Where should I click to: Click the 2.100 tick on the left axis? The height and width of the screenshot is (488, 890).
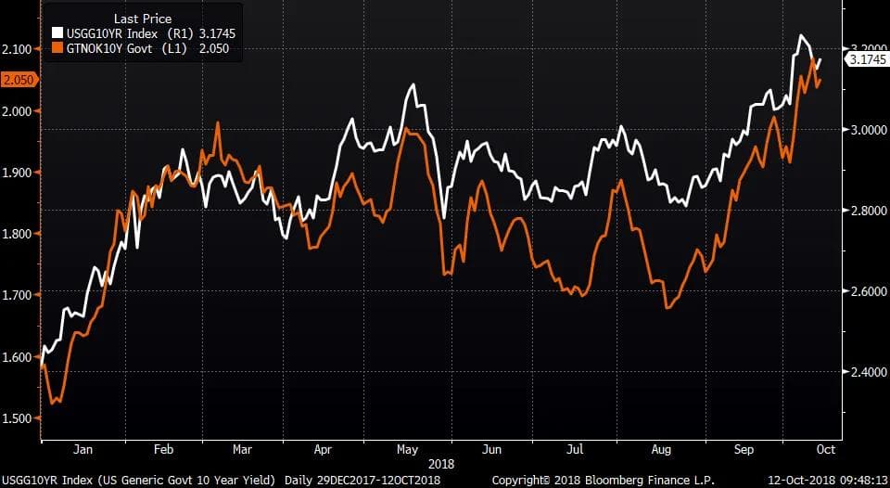(18, 48)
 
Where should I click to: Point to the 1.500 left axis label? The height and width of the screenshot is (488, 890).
(18, 417)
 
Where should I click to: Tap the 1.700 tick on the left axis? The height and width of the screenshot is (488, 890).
(18, 295)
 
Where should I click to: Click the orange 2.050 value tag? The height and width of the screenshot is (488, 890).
(18, 80)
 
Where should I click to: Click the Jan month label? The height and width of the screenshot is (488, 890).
(83, 449)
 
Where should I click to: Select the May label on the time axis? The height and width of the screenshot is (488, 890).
(408, 449)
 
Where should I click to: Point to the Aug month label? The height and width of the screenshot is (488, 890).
(661, 449)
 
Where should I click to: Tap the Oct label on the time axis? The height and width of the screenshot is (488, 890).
(825, 449)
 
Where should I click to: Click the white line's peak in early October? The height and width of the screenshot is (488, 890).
(800, 36)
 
